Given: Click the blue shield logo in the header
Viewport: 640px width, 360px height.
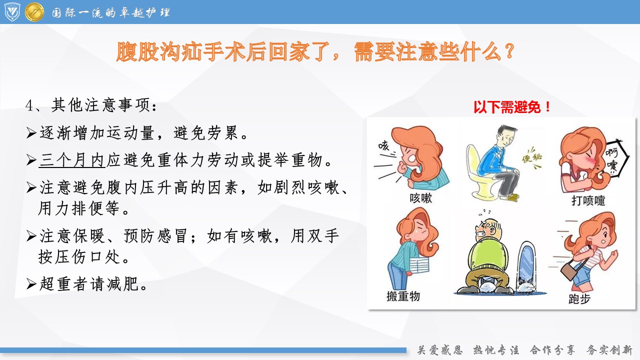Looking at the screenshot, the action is [x=12, y=11].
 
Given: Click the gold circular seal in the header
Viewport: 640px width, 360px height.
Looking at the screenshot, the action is [x=34, y=11].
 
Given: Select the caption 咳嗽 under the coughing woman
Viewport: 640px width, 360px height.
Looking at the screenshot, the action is [x=420, y=197].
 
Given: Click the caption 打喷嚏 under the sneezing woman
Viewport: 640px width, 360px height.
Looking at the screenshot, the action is [x=588, y=200].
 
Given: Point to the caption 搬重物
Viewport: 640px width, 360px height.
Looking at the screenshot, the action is [x=403, y=296].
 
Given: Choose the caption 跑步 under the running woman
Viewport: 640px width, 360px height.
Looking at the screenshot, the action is [x=579, y=299].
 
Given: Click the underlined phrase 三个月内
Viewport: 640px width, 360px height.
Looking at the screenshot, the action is [x=71, y=160].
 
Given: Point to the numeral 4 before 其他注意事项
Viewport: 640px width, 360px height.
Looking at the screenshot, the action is [x=29, y=105].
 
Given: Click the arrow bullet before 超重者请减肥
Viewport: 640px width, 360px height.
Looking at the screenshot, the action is [x=31, y=284].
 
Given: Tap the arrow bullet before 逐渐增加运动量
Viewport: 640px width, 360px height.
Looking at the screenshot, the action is [x=31, y=133].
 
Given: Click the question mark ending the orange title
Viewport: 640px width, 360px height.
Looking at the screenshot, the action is [x=509, y=51].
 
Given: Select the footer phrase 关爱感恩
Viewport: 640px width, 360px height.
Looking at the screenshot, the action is [x=439, y=349].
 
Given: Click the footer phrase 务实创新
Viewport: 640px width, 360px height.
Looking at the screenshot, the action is [x=609, y=349].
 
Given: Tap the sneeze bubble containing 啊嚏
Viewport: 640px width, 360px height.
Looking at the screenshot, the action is [x=615, y=158].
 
